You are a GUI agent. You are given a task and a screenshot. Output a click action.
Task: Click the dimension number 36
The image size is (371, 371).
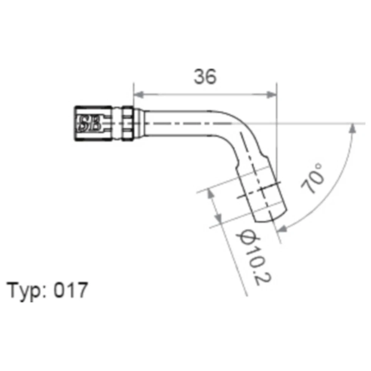(x=205, y=76)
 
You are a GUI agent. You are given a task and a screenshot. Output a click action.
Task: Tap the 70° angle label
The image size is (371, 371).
(x=312, y=178)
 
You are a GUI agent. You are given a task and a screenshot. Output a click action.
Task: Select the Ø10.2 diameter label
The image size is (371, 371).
(x=253, y=257)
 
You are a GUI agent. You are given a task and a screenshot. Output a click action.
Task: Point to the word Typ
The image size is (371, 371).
(x=24, y=291)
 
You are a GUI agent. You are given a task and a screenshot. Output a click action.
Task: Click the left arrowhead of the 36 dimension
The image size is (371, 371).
(x=138, y=95)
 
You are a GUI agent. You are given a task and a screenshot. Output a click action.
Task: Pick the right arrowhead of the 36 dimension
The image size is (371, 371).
(x=272, y=95)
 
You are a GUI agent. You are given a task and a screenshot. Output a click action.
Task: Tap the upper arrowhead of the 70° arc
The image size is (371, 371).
(x=352, y=128)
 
